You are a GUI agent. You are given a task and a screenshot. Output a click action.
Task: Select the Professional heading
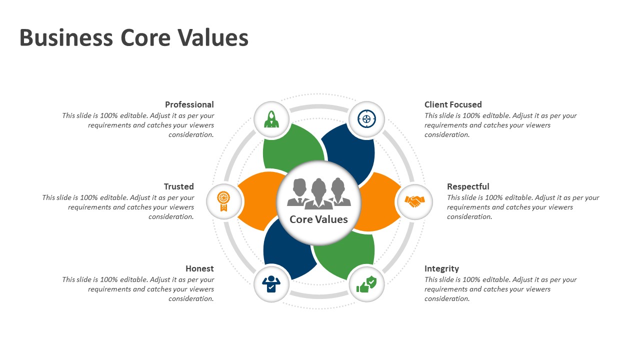click(189, 104)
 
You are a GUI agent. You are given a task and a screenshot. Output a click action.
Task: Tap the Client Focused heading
click(453, 104)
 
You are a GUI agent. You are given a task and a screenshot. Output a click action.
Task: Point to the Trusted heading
click(178, 186)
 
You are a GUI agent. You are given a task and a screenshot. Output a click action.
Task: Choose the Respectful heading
click(468, 186)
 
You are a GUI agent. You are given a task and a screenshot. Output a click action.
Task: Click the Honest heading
click(199, 268)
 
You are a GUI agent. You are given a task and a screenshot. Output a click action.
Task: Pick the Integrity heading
click(441, 268)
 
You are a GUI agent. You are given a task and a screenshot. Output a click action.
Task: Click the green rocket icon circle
click(271, 119)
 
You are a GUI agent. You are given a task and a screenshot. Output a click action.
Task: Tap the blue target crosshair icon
click(366, 119)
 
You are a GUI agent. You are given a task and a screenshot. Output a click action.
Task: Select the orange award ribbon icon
click(224, 201)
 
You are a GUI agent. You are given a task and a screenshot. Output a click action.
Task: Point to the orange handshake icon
click(414, 201)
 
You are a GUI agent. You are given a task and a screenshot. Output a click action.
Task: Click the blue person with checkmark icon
click(271, 284)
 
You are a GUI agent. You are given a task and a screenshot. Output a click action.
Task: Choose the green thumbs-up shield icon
click(366, 284)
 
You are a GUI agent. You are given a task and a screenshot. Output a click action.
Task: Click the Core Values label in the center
click(318, 219)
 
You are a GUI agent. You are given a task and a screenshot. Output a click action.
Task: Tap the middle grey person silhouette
click(319, 193)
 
